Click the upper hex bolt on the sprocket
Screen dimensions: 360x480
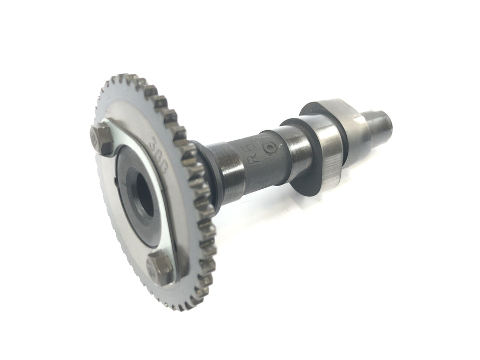[101, 137]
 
